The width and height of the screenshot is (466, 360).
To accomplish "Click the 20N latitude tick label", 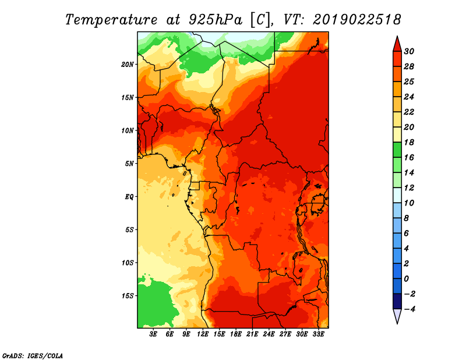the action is [x=127, y=65].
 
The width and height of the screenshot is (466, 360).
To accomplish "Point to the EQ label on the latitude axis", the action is [x=129, y=197].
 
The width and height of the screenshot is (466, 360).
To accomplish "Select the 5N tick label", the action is [x=129, y=164].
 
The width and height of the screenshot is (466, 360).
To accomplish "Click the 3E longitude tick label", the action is [x=153, y=334].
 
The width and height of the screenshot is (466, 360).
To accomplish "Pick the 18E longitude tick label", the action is [x=236, y=334].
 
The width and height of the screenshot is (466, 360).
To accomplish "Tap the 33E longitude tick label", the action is [x=318, y=334].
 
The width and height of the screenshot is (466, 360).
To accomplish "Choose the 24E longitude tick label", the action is [x=269, y=334].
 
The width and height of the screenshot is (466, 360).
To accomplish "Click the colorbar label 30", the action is [x=409, y=51].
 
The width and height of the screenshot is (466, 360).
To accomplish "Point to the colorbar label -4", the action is [x=409, y=309].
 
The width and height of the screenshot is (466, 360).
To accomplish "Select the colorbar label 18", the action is [x=409, y=142].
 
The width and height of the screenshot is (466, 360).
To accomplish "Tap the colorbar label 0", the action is [x=406, y=279].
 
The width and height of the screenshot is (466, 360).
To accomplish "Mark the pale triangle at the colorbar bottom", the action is [x=397, y=315].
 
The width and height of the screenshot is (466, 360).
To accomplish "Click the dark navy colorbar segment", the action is [x=397, y=301].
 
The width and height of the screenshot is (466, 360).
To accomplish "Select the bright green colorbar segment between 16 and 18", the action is [x=397, y=150].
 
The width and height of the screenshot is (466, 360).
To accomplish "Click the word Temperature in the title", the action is [x=111, y=20].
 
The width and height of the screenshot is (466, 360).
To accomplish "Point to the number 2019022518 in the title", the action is [x=356, y=20].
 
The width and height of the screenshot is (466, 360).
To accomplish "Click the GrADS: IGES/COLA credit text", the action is [x=33, y=355].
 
